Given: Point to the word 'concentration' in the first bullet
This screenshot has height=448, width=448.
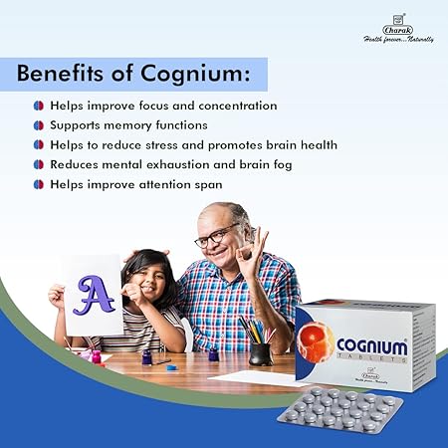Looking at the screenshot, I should [x=229, y=106].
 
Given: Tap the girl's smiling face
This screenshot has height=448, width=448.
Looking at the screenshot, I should [x=149, y=284].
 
